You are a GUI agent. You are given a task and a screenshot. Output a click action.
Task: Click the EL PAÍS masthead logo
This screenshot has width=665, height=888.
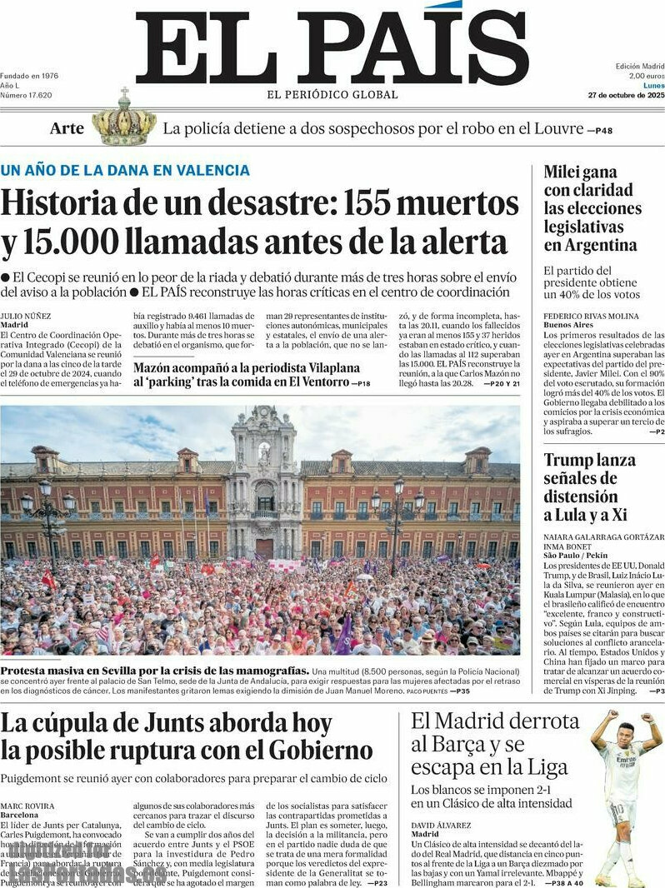click(x=332, y=46)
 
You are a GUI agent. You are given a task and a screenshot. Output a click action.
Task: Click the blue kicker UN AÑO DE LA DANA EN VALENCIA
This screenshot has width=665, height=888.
click(x=125, y=171)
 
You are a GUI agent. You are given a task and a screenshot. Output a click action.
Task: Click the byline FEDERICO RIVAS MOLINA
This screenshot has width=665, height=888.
click(x=591, y=317)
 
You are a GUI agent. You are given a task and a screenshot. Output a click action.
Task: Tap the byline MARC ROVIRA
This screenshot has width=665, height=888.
click(x=27, y=806)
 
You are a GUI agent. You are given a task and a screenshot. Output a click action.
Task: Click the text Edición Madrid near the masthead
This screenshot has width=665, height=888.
click(x=640, y=66)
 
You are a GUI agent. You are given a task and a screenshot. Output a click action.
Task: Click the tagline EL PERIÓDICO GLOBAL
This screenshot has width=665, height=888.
click(x=332, y=95)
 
